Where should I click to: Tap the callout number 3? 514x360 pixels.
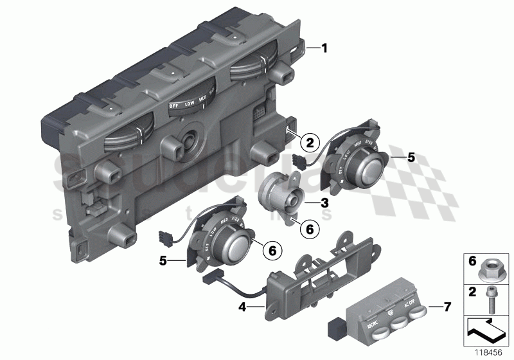[x=325, y=203]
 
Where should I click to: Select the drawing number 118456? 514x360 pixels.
[x=490, y=352]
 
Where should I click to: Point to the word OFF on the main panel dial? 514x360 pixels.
[x=174, y=105]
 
